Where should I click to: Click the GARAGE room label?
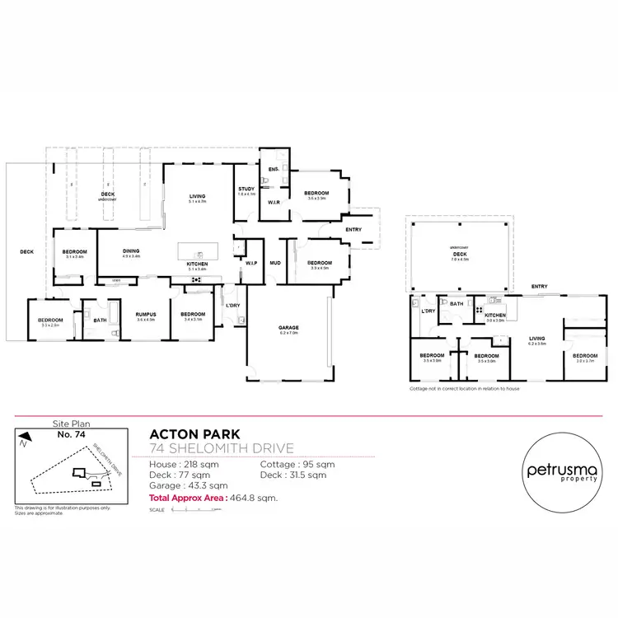coord(288,328)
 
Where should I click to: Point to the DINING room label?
coord(131,251)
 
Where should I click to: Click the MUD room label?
coord(275,263)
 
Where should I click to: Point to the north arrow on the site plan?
coord(26,438)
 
